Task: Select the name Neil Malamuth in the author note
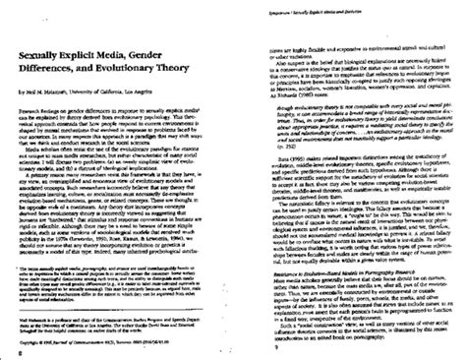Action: click(x=36, y=305)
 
